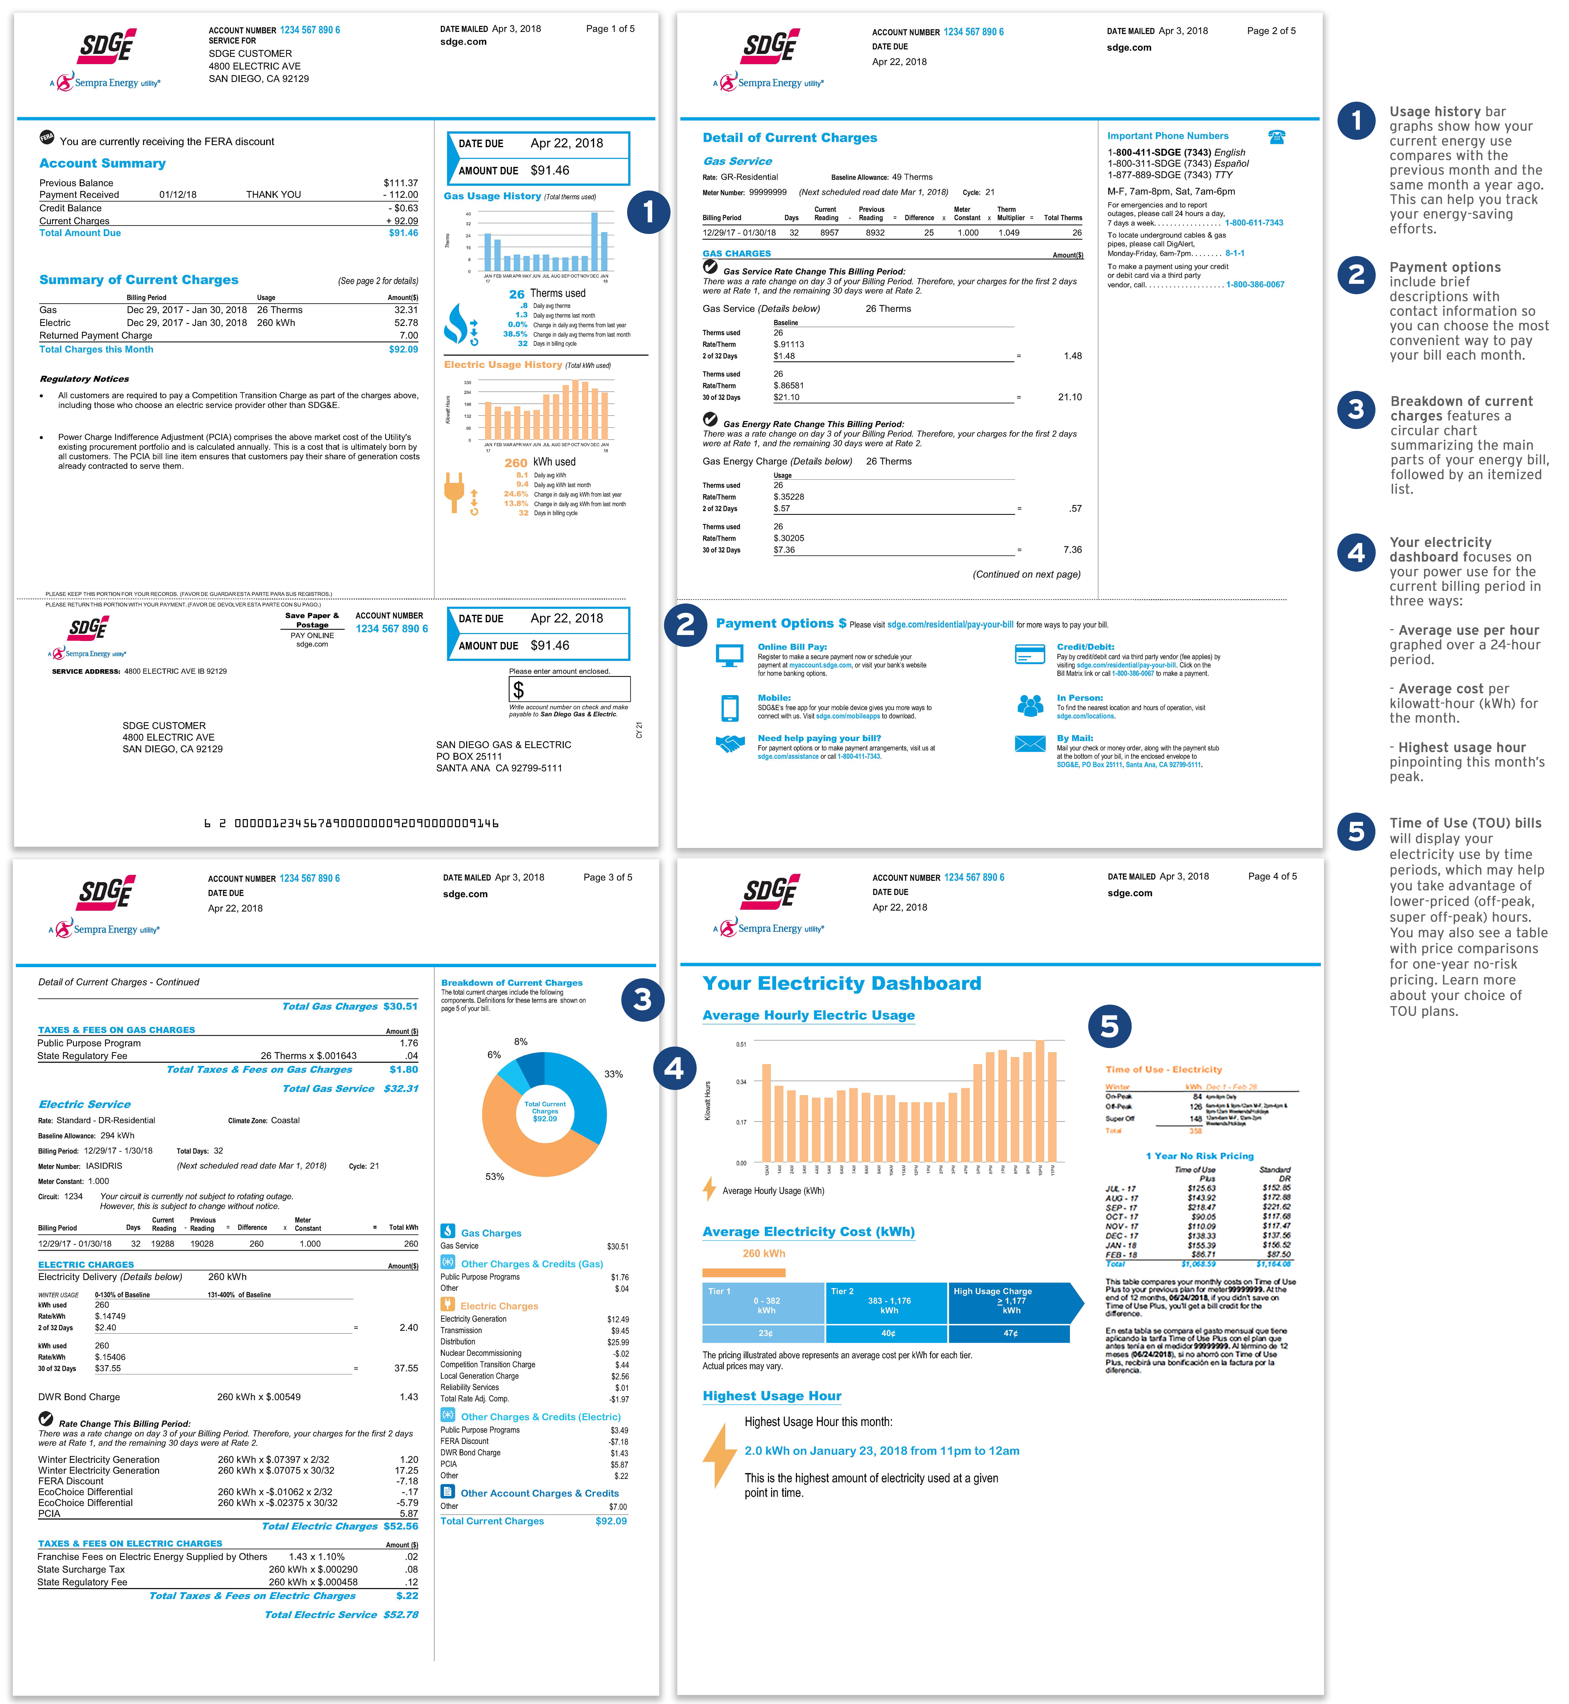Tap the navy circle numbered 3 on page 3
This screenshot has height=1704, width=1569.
pos(643,1000)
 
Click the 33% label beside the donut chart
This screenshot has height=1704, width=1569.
pos(613,1074)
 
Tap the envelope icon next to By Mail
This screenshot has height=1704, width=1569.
pos(1030,744)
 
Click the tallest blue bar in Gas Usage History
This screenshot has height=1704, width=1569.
pos(594,241)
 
